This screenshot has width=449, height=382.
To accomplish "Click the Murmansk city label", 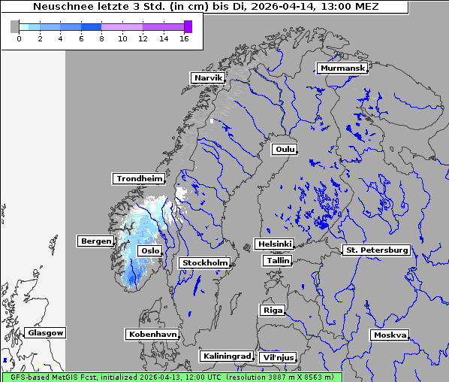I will tap(342, 68).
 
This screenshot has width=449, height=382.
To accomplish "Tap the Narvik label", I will tap(208, 77).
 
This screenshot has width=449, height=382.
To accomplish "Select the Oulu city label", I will tap(285, 149).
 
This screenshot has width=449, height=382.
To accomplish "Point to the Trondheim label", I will tap(139, 178).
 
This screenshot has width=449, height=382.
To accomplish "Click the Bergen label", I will tap(95, 241).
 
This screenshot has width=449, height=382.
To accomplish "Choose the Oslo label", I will tap(149, 250).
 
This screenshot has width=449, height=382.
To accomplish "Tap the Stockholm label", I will tap(204, 262).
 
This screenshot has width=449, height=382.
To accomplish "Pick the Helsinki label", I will tap(274, 244).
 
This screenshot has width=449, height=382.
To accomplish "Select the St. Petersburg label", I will tap(375, 250).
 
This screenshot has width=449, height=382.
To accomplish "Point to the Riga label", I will tap(272, 310).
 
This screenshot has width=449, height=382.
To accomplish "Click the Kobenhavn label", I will tap(152, 334).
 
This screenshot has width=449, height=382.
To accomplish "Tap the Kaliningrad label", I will tap(226, 356).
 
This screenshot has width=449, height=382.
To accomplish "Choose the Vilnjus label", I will tap(277, 357).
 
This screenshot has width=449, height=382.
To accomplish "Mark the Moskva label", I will tap(390, 335).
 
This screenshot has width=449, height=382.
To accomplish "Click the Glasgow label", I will tap(45, 332).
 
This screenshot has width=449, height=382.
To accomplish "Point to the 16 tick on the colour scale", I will tap(184, 38).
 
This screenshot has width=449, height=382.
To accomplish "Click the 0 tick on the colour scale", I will tap(19, 38).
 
